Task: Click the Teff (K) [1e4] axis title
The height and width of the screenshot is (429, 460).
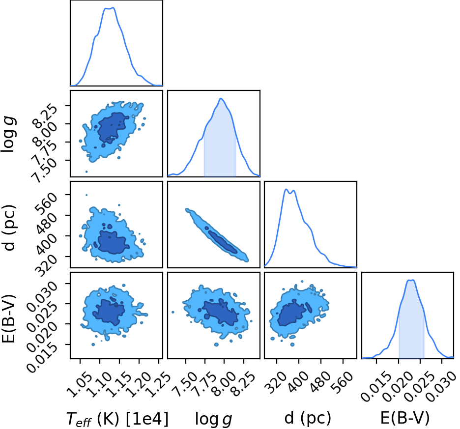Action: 117,419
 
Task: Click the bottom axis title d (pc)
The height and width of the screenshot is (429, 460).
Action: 308,418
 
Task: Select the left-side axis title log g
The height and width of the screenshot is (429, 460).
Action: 9,134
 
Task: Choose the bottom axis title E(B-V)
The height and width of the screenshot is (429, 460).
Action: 405,418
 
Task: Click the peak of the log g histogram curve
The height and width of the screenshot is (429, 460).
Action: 221,99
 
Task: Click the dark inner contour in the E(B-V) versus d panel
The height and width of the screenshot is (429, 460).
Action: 291,314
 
